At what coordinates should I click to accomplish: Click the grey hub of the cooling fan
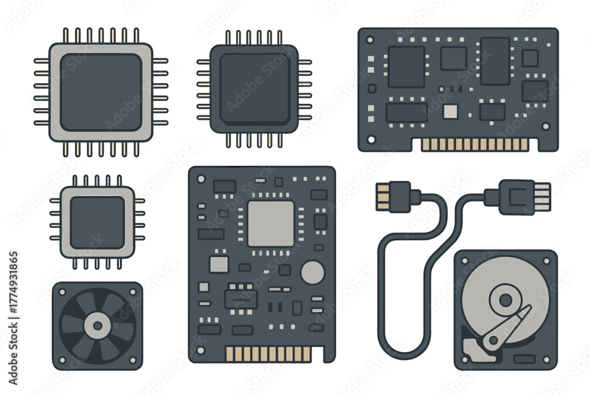pos(97,326)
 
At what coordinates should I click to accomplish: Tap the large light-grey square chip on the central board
pos(271,224)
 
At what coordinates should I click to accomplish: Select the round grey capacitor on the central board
pos(313,272)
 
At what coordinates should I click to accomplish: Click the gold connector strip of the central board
pos(268,354)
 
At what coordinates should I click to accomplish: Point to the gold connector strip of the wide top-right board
pos(475,145)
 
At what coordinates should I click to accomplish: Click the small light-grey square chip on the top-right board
pos(450,112)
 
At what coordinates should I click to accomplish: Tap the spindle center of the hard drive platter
pos(506,300)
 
